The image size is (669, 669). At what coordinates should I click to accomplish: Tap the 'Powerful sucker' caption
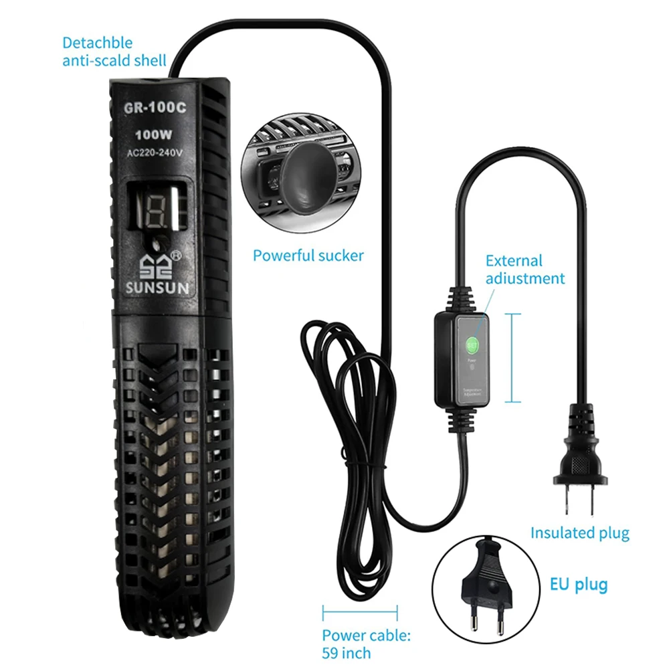[x=308, y=255]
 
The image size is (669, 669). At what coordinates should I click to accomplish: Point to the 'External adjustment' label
[x=524, y=270]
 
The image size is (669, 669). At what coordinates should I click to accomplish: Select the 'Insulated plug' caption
[x=579, y=533]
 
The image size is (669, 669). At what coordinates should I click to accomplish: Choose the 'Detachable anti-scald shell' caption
[x=114, y=52]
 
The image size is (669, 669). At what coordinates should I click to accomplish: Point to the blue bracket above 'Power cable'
[x=360, y=610]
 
